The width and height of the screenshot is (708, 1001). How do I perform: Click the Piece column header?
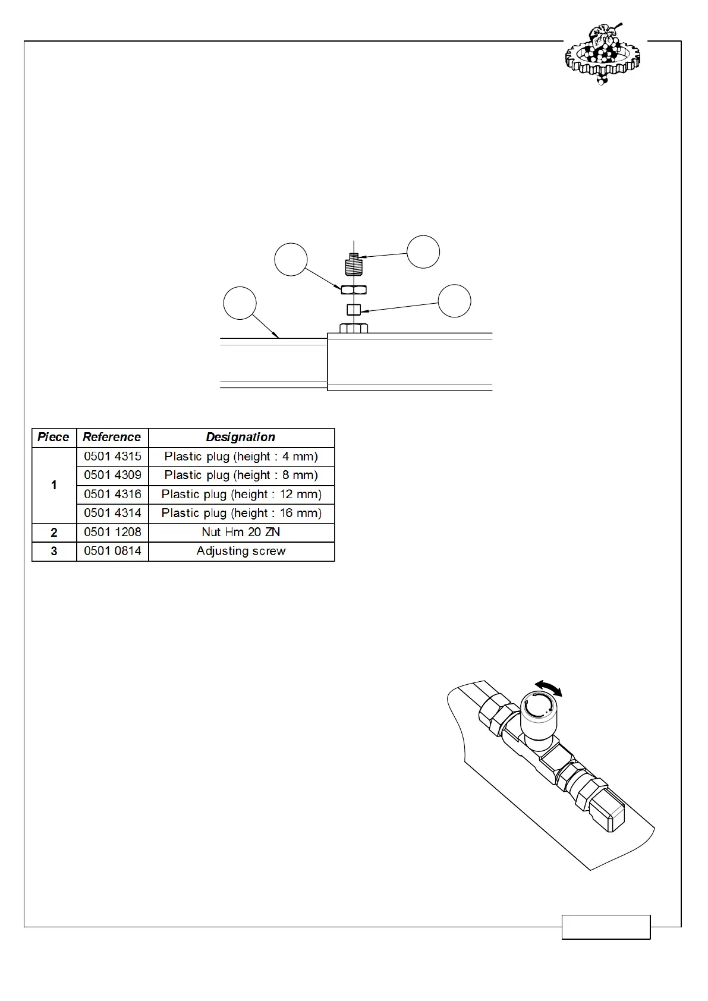pyautogui.click(x=54, y=437)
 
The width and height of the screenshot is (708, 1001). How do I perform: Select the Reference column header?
pyautogui.click(x=112, y=437)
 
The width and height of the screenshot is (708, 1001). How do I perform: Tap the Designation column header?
pyautogui.click(x=241, y=437)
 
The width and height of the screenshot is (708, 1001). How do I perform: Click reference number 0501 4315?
pyautogui.click(x=112, y=457)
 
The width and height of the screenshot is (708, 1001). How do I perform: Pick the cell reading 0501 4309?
pyautogui.click(x=112, y=476)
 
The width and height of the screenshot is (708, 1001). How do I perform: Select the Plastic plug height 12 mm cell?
pyautogui.click(x=241, y=495)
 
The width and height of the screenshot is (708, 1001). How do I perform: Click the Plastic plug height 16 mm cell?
pyautogui.click(x=241, y=513)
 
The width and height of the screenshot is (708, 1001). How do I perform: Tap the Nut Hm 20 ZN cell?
pyautogui.click(x=241, y=532)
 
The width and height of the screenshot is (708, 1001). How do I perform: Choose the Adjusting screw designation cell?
pyautogui.click(x=241, y=551)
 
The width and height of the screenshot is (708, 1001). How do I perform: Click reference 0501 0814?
pyautogui.click(x=112, y=551)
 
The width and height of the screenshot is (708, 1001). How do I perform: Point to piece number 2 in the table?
pyautogui.click(x=54, y=532)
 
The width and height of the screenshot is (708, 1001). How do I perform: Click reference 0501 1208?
pyautogui.click(x=112, y=532)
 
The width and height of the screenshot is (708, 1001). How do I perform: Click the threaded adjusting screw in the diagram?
pyautogui.click(x=354, y=265)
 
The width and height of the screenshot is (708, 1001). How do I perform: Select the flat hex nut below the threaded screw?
pyautogui.click(x=354, y=289)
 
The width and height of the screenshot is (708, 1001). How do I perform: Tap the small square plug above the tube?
pyautogui.click(x=354, y=310)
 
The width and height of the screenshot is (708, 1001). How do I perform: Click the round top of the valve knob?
pyautogui.click(x=538, y=708)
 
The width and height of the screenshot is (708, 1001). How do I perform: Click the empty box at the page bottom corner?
pyautogui.click(x=606, y=927)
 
